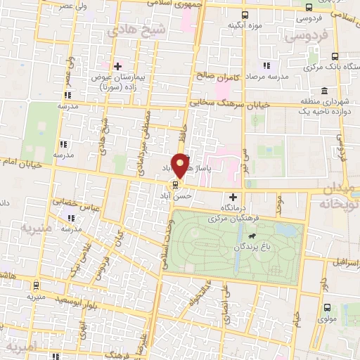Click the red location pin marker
tap(181, 165)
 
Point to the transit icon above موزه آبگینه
tap(244, 15)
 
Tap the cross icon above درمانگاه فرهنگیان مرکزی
tap(233, 197)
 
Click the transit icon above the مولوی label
tap(328, 307)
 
